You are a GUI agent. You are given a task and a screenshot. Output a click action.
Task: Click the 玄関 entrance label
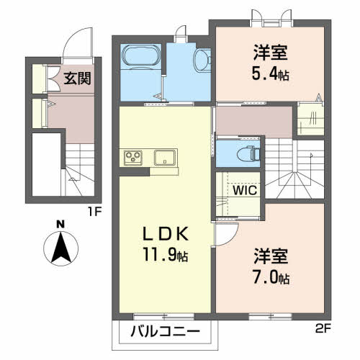coord(77,78)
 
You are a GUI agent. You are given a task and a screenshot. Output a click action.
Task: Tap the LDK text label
coord(166,234)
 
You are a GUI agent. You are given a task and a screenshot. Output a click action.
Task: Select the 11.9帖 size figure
coord(166,254)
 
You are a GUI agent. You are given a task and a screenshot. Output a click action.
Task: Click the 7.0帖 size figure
coord(271,277)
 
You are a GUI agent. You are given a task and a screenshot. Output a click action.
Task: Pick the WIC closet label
coord(245,191)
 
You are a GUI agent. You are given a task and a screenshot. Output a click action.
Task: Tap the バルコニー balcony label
coord(166,332)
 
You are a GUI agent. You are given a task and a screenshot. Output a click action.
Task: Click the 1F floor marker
coord(95,212)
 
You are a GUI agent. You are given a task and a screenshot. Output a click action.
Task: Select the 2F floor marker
coord(323,329)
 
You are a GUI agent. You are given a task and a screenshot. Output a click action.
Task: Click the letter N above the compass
coord(60,225)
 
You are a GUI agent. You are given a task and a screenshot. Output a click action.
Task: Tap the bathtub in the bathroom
coord(141,57)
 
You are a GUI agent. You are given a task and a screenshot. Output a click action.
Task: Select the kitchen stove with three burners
coord(133,158)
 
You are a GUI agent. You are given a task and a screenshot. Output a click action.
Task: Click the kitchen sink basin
coord(164,158)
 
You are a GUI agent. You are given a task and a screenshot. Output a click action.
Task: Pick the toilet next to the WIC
coord(248,153)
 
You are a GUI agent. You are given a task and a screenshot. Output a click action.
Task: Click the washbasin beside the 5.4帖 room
coord(202,60)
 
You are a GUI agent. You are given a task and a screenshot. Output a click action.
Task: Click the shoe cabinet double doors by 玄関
coord(53,78)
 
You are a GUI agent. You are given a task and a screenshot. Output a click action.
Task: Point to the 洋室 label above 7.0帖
coord(271,256)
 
